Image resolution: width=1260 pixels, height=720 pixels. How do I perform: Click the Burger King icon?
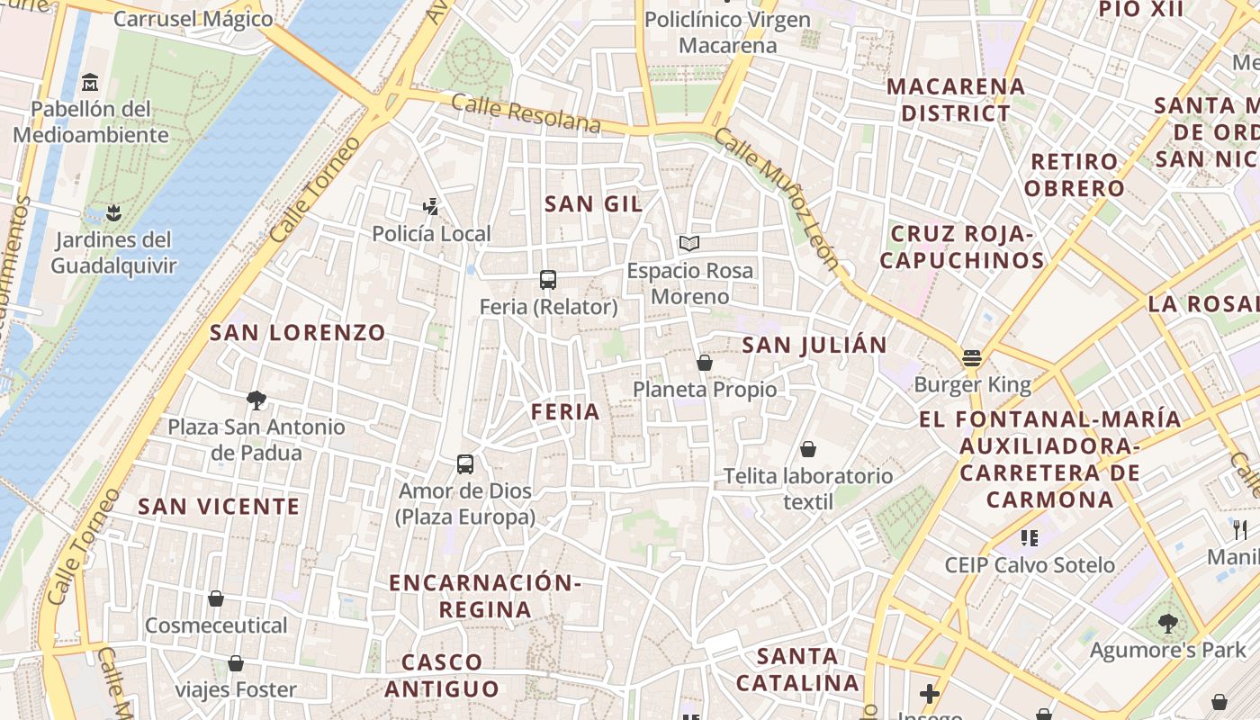(971, 358)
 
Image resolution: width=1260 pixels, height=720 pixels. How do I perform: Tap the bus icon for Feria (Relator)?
(548, 280)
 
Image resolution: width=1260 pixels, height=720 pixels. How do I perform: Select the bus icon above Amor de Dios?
(465, 464)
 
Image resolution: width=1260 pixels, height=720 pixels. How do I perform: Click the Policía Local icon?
(431, 207)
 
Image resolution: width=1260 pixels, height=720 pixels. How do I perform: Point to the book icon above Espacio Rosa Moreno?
(689, 243)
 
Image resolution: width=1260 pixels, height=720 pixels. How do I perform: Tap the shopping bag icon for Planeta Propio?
(705, 363)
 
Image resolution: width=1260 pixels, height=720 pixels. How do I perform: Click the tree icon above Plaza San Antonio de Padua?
(256, 400)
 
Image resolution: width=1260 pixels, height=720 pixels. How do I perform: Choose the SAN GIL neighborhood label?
(594, 204)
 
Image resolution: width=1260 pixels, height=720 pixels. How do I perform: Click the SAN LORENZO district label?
(298, 333)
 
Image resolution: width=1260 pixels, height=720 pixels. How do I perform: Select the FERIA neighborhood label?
(565, 412)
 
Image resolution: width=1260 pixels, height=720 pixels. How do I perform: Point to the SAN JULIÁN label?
(814, 345)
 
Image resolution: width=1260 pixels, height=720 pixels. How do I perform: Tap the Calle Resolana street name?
(526, 113)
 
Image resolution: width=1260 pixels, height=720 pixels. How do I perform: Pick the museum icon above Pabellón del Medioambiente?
(90, 83)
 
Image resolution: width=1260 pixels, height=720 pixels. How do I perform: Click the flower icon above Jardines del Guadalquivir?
(113, 213)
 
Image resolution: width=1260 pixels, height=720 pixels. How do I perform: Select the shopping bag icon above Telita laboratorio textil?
(808, 449)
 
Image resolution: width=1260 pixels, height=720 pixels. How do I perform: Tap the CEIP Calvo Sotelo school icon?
(1030, 538)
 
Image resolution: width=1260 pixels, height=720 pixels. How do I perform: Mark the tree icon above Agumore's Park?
(1168, 623)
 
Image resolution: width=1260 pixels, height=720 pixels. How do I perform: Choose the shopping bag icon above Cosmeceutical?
(216, 598)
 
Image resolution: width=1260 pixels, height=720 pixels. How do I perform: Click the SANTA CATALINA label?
(797, 669)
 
